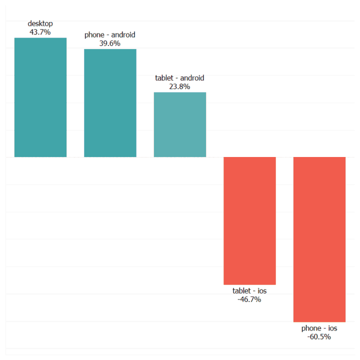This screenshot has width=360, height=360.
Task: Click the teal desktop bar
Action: point(40,97)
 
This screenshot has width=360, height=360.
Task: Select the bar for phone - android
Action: point(110,103)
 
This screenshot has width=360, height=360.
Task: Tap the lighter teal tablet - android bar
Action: point(179,124)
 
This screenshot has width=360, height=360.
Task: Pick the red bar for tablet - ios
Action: point(249,220)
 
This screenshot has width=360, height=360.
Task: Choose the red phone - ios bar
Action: point(319,239)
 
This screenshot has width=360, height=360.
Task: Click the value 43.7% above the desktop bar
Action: point(40,32)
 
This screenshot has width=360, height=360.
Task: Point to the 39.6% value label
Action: point(110,43)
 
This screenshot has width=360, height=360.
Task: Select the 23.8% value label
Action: point(179,86)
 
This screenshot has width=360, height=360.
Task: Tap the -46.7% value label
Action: point(249,299)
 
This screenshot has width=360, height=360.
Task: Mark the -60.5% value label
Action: point(319,336)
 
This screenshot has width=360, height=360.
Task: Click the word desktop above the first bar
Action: point(40,23)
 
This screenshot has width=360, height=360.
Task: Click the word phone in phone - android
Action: point(94,35)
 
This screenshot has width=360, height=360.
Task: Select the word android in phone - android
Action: point(123,35)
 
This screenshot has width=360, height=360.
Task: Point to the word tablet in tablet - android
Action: point(164,78)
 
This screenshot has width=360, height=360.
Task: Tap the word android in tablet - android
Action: point(192,78)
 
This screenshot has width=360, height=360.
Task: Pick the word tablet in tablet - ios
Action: point(242,291)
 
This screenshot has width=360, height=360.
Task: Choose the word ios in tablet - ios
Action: point(262,291)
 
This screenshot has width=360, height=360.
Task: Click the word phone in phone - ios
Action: point(311,328)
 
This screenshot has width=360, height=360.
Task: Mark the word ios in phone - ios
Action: point(332,328)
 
